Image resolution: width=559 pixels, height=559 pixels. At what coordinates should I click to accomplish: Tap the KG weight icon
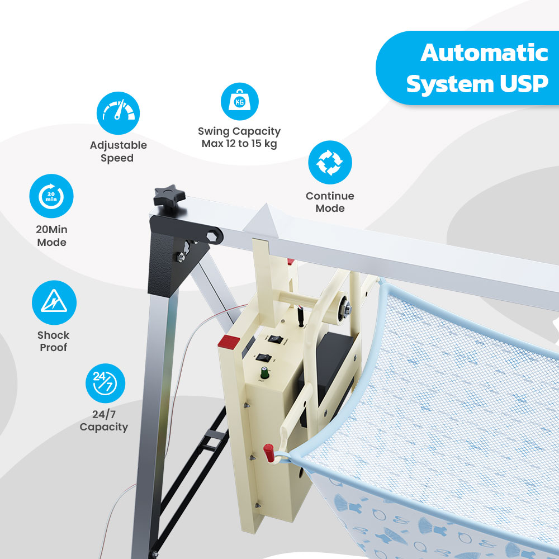pyautogui.click(x=239, y=102)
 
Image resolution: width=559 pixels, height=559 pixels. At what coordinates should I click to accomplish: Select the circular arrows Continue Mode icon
pyautogui.click(x=330, y=162)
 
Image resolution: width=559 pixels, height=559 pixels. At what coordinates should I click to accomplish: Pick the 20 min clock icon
pyautogui.click(x=51, y=196)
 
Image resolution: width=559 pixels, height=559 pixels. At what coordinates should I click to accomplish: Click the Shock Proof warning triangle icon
pyautogui.click(x=54, y=303)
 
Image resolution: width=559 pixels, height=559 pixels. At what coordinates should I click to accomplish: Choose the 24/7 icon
pyautogui.click(x=105, y=383)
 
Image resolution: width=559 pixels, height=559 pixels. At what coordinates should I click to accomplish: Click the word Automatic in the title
pyautogui.click(x=484, y=53)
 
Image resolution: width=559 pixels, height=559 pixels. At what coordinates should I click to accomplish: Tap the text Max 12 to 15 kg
pyautogui.click(x=239, y=144)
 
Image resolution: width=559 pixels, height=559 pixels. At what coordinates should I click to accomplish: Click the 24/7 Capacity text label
pyautogui.click(x=103, y=421)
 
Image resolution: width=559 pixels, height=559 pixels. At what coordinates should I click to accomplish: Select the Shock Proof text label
pyautogui.click(x=53, y=342)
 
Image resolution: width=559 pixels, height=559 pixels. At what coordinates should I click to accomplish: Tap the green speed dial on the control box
pyautogui.click(x=262, y=372)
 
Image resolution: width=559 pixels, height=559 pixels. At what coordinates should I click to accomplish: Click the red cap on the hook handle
pyautogui.click(x=269, y=450)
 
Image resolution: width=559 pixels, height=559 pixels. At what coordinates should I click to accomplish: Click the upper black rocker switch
pyautogui.click(x=274, y=338)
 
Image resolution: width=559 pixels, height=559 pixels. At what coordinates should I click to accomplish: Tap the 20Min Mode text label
pyautogui.click(x=51, y=236)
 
